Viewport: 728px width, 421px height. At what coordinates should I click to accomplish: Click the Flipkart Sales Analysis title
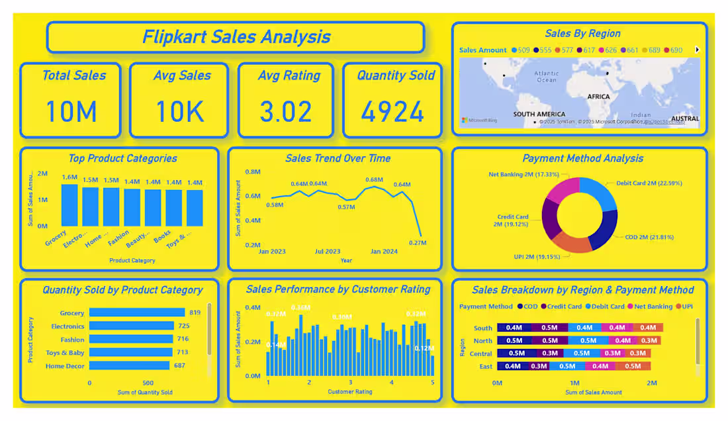tap(236, 36)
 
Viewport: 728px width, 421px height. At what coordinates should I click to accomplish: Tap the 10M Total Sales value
tap(71, 112)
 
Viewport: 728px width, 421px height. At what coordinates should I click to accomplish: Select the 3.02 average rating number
tap(285, 112)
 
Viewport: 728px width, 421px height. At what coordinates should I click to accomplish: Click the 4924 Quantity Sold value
tap(392, 112)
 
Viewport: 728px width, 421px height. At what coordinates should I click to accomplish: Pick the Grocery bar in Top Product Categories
tap(69, 205)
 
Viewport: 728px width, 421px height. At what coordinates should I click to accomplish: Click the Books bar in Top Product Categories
tap(173, 208)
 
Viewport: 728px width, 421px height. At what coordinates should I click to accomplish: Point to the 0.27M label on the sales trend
tap(418, 243)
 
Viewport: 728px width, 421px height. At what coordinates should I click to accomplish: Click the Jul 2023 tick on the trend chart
tap(327, 252)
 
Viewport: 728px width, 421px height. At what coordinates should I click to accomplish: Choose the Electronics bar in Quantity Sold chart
tap(132, 326)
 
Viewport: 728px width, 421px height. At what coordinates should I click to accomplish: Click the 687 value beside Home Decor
tap(179, 366)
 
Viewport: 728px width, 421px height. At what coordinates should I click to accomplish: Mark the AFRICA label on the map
tap(598, 97)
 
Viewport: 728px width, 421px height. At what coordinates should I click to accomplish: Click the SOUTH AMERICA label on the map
tap(539, 115)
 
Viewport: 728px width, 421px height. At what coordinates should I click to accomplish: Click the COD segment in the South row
tap(514, 328)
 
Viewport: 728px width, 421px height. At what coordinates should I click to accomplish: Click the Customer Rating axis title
tap(349, 392)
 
